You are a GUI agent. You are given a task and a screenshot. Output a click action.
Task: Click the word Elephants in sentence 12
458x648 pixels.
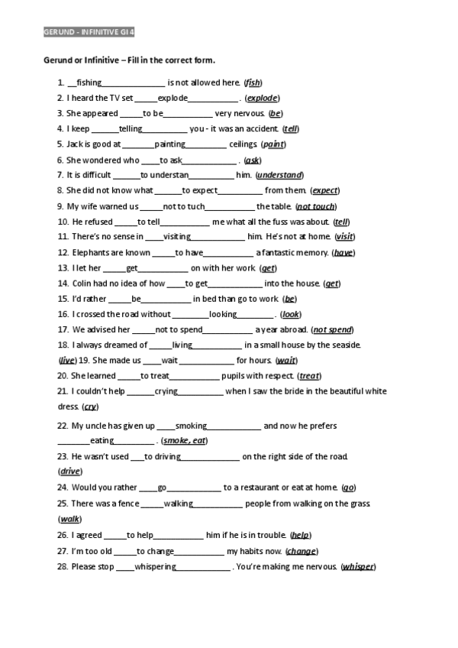point(91,253)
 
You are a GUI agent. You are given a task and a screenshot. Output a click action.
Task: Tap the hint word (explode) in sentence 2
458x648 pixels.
point(262,99)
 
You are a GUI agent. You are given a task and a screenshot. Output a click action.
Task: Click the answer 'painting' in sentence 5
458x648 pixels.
point(170,144)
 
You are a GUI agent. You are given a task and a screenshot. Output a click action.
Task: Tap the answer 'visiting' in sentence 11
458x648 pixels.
point(177,237)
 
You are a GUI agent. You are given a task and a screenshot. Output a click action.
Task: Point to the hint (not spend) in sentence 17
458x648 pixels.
point(332,330)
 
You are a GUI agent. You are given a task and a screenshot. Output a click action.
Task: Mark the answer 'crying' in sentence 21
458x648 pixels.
point(166,392)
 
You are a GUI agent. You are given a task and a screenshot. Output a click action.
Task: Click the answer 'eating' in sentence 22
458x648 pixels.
point(102,441)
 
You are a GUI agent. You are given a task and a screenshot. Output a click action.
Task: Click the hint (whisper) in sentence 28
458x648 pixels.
point(358,567)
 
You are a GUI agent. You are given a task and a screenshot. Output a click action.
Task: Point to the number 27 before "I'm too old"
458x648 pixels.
point(63,551)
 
